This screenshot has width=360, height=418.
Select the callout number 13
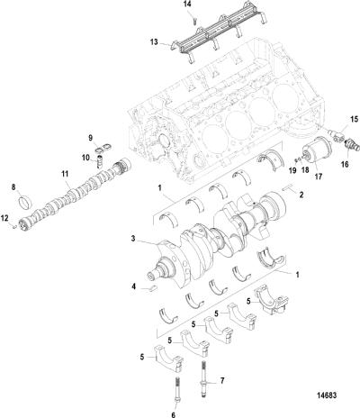(x=154, y=42)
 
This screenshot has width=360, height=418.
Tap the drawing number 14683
(x=326, y=395)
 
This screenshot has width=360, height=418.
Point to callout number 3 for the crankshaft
(x=132, y=239)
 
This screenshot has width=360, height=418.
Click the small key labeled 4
(x=152, y=288)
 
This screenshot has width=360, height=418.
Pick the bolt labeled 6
(x=177, y=389)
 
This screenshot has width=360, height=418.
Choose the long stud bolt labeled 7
(x=203, y=377)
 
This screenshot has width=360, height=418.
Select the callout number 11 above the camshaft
(x=65, y=174)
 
